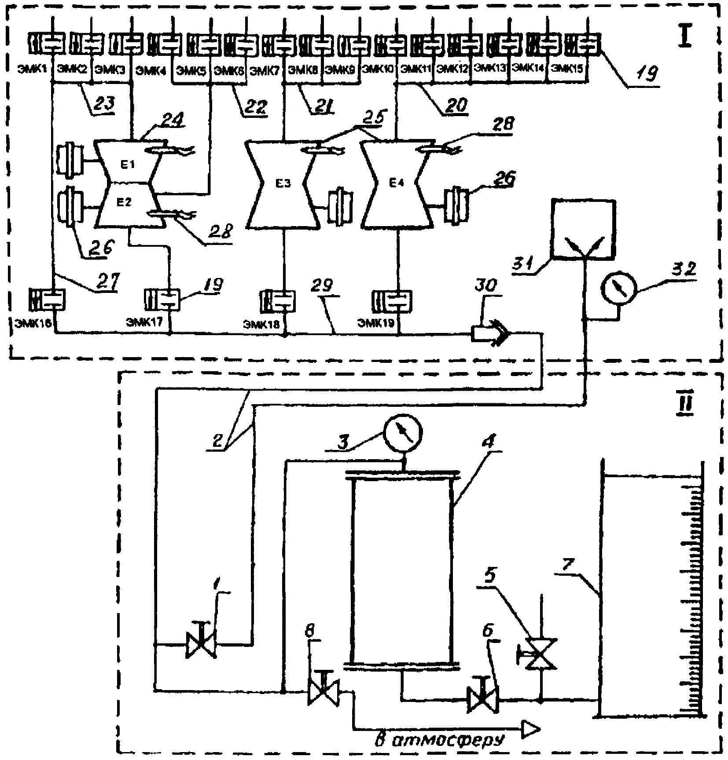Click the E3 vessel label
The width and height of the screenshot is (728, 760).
284,184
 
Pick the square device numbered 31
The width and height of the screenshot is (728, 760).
583,229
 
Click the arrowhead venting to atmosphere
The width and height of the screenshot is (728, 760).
530,729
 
